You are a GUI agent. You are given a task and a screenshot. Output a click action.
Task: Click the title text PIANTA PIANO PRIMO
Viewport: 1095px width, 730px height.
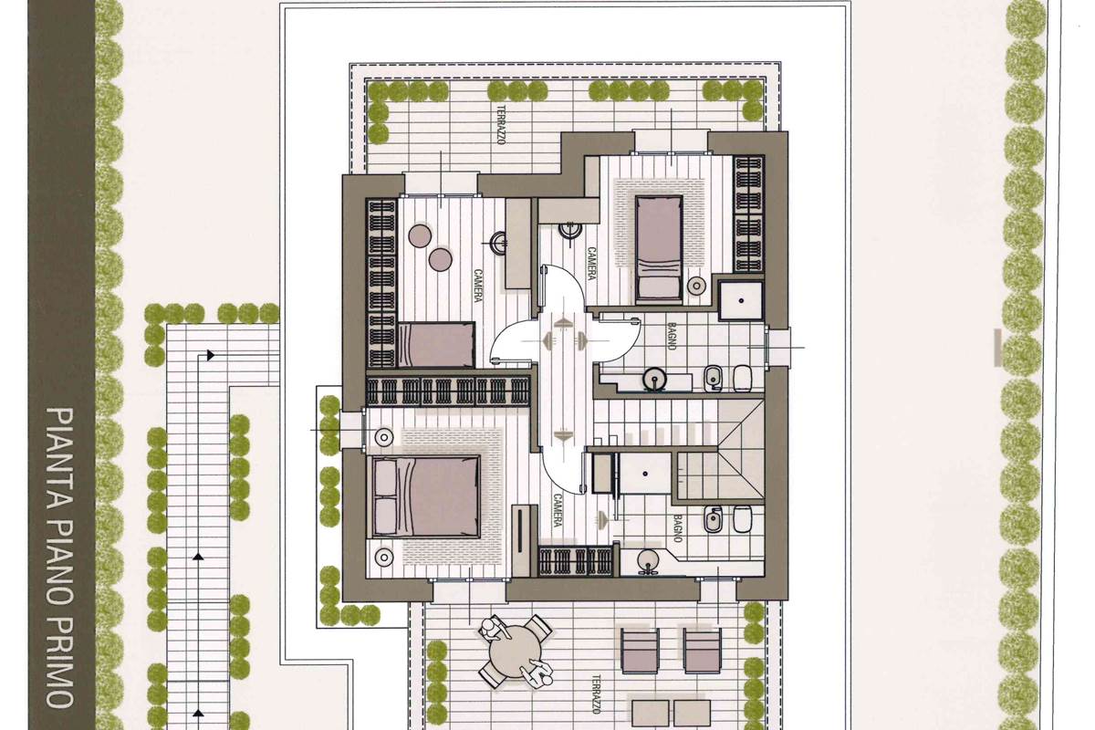pyautogui.click(x=60, y=558)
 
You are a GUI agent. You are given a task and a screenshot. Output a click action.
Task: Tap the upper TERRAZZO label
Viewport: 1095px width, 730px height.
pyautogui.click(x=501, y=125)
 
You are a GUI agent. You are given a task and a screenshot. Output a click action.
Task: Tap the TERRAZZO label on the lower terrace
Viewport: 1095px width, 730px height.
pyautogui.click(x=596, y=694)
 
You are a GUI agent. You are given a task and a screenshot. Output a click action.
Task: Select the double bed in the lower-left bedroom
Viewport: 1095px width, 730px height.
pyautogui.click(x=426, y=496)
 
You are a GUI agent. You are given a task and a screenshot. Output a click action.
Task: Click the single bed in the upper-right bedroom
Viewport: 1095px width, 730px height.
pyautogui.click(x=659, y=248)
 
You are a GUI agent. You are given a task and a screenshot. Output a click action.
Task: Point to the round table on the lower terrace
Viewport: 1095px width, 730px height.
pyautogui.click(x=516, y=652)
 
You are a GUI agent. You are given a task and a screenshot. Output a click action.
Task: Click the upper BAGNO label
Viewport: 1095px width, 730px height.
pyautogui.click(x=672, y=336)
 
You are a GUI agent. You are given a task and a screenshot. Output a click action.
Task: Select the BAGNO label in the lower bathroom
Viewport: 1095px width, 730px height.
pyautogui.click(x=677, y=528)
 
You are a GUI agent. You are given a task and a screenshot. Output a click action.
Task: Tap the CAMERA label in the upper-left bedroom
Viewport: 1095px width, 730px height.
pyautogui.click(x=477, y=286)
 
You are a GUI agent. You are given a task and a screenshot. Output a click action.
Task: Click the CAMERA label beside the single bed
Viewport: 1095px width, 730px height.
pyautogui.click(x=591, y=264)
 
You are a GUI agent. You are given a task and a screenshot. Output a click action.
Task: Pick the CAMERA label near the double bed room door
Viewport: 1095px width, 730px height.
pyautogui.click(x=558, y=510)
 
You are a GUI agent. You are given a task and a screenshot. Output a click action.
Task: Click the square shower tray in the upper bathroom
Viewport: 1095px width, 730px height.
pyautogui.click(x=742, y=301)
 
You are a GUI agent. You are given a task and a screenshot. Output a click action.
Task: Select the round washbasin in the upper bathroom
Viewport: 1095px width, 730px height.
pyautogui.click(x=654, y=380)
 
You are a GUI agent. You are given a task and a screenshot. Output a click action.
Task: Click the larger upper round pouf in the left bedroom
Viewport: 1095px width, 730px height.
pyautogui.click(x=420, y=235)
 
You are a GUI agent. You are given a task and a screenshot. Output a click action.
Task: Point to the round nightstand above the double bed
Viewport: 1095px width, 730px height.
pyautogui.click(x=384, y=436)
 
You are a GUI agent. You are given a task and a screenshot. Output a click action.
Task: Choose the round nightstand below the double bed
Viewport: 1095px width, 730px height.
pyautogui.click(x=384, y=557)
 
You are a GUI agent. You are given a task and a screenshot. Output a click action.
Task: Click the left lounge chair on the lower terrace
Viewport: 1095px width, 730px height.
pyautogui.click(x=640, y=651)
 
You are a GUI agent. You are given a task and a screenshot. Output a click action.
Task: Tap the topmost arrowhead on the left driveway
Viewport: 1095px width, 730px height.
pyautogui.click(x=211, y=355)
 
